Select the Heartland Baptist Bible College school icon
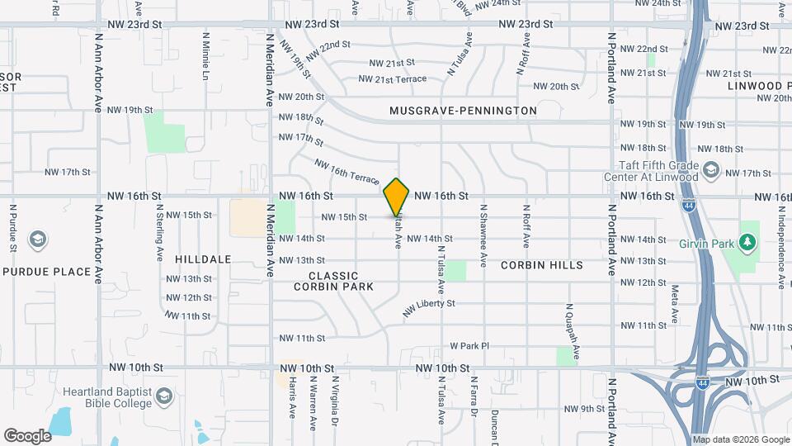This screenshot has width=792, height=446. click(165, 397)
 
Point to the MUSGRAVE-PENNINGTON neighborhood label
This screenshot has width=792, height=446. click(463, 111)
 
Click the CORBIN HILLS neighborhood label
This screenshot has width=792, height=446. click(542, 265)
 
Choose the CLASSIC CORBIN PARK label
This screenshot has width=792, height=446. click(334, 281)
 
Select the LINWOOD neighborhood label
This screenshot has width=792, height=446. click(755, 86)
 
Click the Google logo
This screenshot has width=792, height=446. click(27, 435)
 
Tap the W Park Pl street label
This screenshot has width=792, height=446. click(469, 346)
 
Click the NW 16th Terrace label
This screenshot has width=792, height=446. click(346, 172)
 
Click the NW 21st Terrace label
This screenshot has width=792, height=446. click(393, 79)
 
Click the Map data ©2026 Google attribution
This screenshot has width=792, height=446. click(740, 439)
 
